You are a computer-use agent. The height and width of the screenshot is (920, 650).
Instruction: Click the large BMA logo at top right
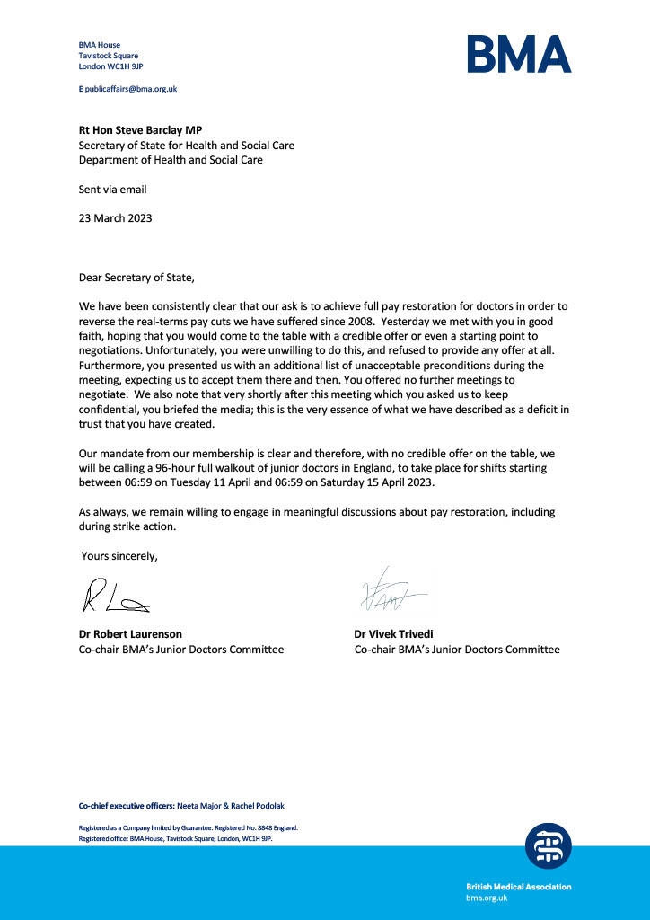[518, 54]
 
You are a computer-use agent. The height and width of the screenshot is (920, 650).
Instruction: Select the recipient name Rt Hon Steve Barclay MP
[140, 130]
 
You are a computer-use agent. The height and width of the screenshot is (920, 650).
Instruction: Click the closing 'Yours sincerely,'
[119, 556]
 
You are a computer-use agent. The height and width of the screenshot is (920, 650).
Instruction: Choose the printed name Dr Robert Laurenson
[136, 634]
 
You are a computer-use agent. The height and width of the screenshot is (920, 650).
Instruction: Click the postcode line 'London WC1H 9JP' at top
[111, 66]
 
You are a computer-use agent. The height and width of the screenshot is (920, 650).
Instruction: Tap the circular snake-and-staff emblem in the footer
[548, 846]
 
